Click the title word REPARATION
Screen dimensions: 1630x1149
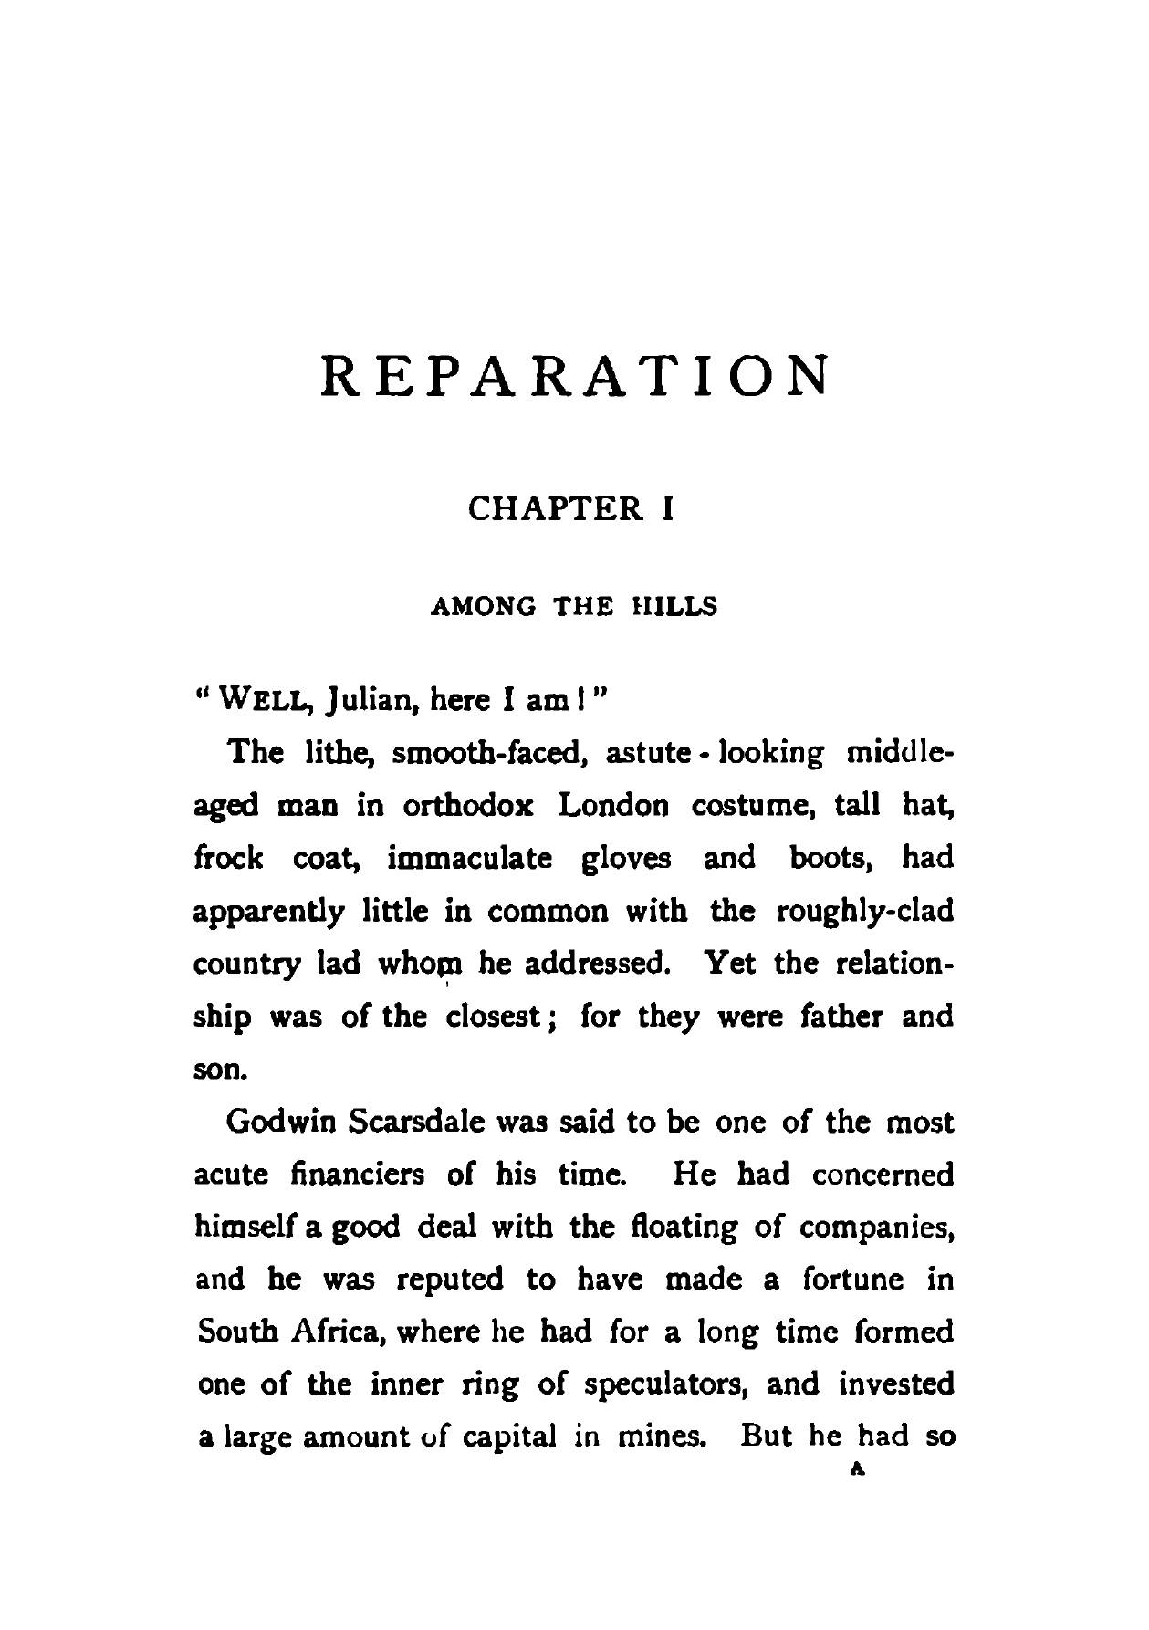575,376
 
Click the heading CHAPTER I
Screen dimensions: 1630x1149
571,508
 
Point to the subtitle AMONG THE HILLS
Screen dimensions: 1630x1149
573,607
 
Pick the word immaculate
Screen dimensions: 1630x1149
470,859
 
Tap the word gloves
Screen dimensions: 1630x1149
626,859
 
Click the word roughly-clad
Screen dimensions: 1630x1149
864,912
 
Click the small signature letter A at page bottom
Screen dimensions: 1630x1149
855,1470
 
